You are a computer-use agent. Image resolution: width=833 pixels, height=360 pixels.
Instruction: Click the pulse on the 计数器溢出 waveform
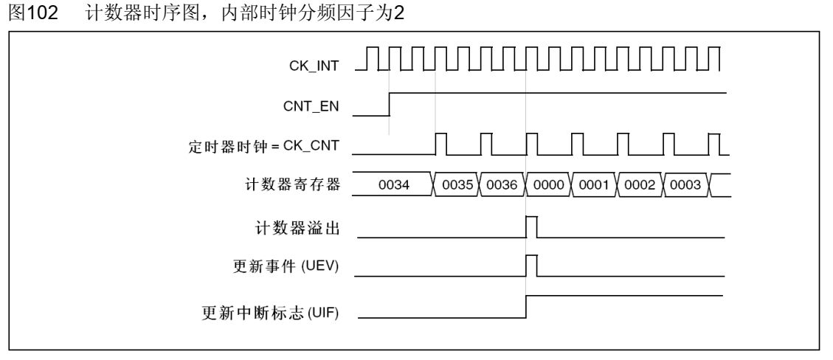[531, 226]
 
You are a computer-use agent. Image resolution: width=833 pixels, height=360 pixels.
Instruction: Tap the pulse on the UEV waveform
[531, 264]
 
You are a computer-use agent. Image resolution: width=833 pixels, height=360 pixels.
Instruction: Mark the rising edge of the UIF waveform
[526, 307]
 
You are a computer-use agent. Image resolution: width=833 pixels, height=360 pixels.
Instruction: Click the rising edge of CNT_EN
[389, 104]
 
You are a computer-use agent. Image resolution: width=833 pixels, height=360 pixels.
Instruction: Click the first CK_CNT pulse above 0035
[441, 144]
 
